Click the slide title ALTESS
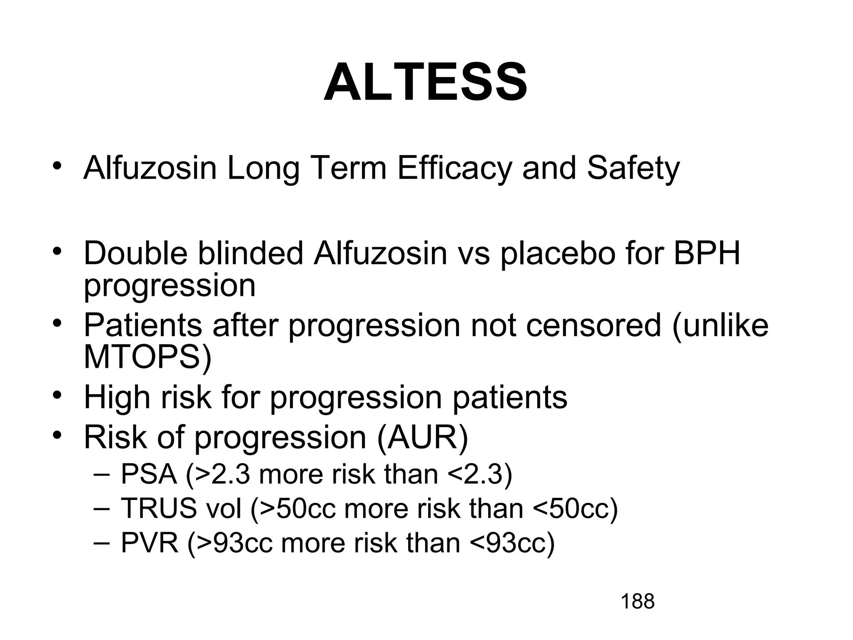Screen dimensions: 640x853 426,82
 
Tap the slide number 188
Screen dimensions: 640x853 637,602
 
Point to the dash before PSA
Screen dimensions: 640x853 100,475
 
